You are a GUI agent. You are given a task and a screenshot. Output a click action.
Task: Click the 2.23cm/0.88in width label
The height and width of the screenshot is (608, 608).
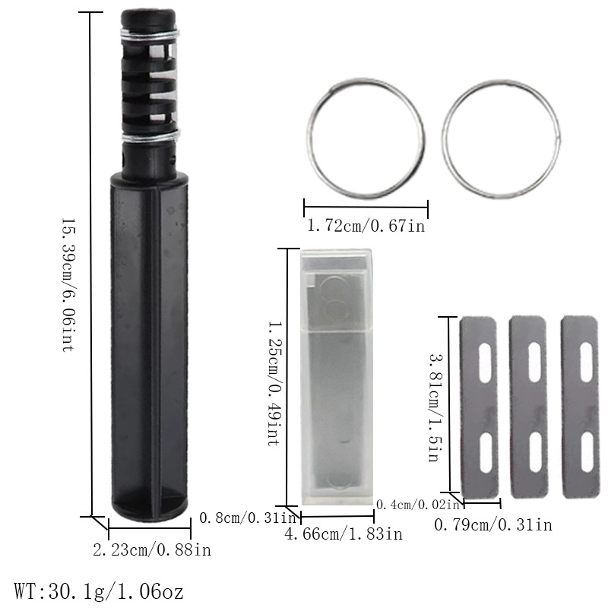coord(151,549)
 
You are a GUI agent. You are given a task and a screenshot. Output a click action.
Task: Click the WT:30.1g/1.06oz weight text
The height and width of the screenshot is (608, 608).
coord(99,590)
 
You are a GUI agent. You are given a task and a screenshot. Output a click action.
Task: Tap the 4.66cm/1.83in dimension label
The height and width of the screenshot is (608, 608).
coord(343,534)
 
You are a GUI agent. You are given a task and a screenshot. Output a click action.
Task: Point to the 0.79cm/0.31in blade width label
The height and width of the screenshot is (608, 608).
coord(492,524)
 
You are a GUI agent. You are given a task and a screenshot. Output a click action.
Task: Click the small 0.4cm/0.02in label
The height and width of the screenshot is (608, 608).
coord(418,505)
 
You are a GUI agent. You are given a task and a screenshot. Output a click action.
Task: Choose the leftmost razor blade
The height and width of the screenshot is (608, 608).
coord(479,407)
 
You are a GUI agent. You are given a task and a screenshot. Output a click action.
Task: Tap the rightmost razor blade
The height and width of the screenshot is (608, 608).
coord(580,407)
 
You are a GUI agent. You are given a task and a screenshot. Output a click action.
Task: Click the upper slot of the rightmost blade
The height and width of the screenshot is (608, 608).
coord(586,363)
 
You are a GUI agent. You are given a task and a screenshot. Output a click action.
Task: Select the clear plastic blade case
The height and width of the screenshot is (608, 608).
coord(337,376)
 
